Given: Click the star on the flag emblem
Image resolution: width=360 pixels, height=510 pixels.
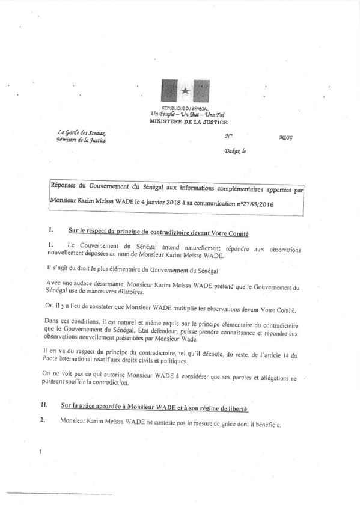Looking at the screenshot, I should [186, 91].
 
